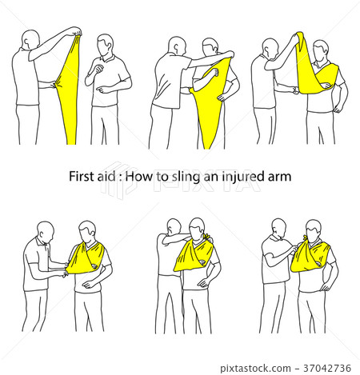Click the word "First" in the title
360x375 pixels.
click(78, 177)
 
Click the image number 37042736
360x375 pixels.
click(327, 368)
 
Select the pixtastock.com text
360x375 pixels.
click(255, 369)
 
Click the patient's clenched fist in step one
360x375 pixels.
click(99, 69)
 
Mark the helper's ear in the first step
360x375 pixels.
click(26, 42)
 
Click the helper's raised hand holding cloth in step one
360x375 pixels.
click(77, 31)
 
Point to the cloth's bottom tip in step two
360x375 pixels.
click(209, 148)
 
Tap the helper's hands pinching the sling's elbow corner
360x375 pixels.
click(66, 269)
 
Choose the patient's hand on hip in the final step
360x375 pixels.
click(325, 286)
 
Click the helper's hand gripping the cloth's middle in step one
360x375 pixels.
click(54, 85)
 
